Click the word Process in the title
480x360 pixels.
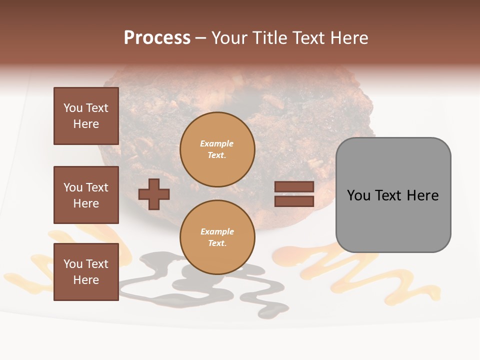(x=157, y=38)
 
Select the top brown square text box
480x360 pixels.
(x=86, y=116)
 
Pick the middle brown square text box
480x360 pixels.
(x=86, y=195)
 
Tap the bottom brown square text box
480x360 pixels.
(x=86, y=272)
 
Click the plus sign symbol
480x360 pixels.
(x=154, y=194)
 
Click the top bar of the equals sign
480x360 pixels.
(x=294, y=187)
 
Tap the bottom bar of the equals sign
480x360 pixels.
(x=294, y=201)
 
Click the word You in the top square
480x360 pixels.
(x=73, y=108)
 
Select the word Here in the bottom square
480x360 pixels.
(x=86, y=280)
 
